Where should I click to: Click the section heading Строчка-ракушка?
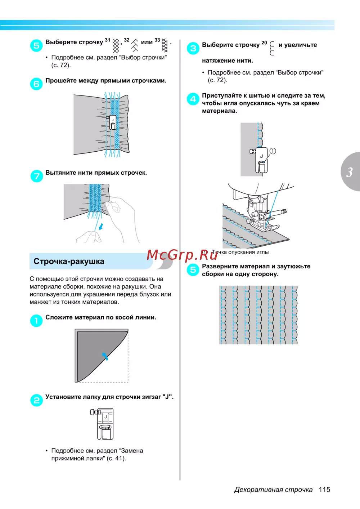pos(69,262)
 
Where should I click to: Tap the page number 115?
pos(324,490)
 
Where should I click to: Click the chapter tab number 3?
pos(349,173)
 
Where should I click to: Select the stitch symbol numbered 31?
pos(116,46)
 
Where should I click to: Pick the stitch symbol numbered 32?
pos(135,45)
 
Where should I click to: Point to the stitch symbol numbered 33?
pos(165,45)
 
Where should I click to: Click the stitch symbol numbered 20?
pos(272,48)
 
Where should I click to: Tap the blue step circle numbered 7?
pos(36,176)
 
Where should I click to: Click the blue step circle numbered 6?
pos(36,84)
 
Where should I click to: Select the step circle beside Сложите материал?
pos(36,321)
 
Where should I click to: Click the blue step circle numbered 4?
pos(193,99)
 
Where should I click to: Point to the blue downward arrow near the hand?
pos(102,226)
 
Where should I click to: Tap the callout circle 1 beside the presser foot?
pos(273,151)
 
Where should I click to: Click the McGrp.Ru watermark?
pos(182,255)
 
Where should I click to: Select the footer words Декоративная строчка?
pos(273,490)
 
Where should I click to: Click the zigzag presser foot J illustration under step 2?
pos(103,424)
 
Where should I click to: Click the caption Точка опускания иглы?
pos(240,252)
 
